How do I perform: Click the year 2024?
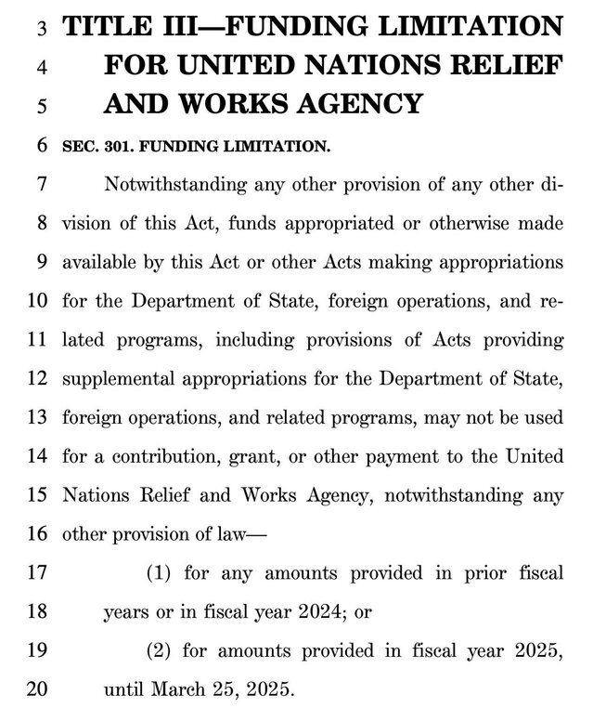pyautogui.click(x=355, y=612)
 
